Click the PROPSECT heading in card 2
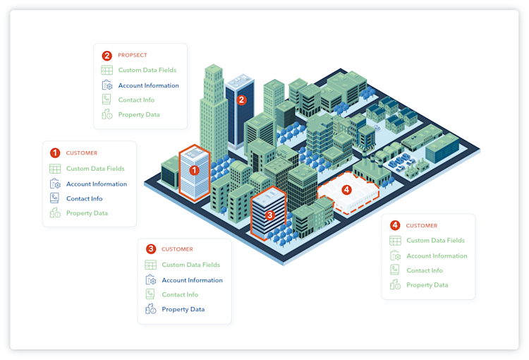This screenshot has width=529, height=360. pos(132,55)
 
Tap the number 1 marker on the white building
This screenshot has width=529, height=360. pos(195,169)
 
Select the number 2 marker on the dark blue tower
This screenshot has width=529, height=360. pos(241,100)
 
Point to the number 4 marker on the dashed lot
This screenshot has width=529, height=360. pos(346,190)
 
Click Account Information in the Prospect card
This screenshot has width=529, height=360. pos(148,85)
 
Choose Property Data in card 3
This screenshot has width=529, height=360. pos(183,309)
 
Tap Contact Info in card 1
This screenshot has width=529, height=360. pos(84,198)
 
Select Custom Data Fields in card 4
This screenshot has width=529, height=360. pos(435,241)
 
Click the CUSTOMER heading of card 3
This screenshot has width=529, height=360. pos(177,249)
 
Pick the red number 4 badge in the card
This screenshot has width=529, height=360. pos(394,225)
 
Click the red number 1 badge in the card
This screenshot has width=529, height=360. pos(54,152)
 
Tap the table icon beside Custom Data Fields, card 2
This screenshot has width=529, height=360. pos(107,71)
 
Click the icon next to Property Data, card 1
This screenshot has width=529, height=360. pos(55,213)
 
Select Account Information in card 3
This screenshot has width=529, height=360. pos(192,280)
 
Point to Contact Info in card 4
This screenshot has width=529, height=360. pos(425,270)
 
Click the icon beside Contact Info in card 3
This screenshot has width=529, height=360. pos(150,294)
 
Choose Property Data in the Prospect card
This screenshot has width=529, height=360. pos(138,114)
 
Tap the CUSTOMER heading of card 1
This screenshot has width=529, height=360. pos(82,153)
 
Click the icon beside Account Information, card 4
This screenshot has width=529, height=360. pos(395,256)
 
